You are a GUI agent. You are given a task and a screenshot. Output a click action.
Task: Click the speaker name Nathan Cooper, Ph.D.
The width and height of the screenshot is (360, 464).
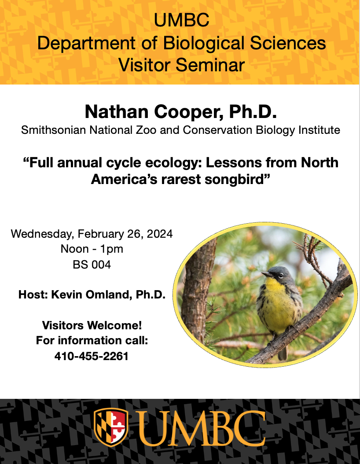[x=181, y=112]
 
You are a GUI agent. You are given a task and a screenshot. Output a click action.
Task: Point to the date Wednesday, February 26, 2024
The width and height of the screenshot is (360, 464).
[x=92, y=234]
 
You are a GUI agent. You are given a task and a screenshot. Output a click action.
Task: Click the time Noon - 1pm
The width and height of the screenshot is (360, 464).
[x=92, y=249]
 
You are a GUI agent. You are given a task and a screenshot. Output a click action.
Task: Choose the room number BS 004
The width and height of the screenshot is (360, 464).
[x=92, y=265]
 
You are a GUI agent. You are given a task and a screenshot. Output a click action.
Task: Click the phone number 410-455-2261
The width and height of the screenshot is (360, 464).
[x=92, y=356]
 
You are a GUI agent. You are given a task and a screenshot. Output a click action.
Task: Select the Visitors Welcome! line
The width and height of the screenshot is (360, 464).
[x=92, y=325]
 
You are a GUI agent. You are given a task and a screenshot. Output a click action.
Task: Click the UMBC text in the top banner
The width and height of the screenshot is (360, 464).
[x=181, y=20]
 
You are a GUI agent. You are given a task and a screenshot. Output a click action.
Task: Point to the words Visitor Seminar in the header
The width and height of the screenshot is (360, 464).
[x=181, y=65]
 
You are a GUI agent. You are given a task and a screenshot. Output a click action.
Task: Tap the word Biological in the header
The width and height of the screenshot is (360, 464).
[x=204, y=43]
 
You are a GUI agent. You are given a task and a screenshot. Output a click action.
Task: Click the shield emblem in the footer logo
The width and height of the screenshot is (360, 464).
[x=111, y=427]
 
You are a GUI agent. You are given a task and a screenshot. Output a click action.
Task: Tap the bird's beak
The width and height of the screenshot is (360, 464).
[x=268, y=274]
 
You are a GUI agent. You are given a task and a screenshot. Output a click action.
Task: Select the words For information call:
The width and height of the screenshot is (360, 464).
[x=92, y=341]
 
